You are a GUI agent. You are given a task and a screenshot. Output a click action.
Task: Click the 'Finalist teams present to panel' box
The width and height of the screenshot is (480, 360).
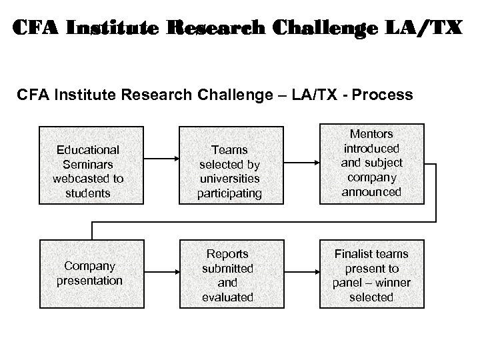tap(371, 275)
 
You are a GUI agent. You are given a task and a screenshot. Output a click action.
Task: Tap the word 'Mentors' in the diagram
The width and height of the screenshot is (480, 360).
tap(371, 134)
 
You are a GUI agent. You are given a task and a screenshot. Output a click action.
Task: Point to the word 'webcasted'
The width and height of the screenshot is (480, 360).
tap(88, 179)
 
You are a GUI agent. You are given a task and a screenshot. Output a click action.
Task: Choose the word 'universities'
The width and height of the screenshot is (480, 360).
tap(227, 179)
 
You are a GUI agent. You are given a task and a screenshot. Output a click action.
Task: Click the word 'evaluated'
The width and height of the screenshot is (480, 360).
tap(227, 297)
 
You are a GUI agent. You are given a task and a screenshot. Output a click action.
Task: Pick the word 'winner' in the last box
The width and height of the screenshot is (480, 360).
tap(391, 283)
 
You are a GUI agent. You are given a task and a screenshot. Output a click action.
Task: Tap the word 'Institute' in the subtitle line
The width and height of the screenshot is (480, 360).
tap(81, 95)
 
